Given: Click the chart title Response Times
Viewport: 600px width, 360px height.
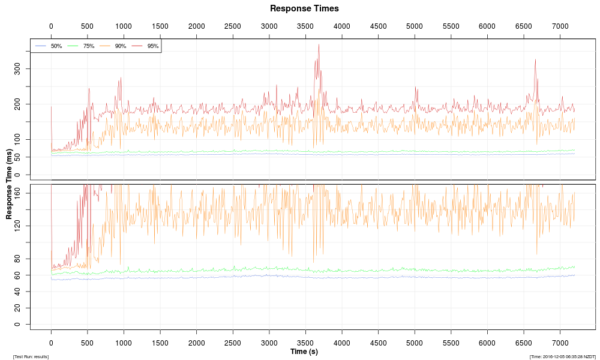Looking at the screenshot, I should [304, 8].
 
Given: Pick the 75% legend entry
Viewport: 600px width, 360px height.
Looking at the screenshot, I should [88, 46].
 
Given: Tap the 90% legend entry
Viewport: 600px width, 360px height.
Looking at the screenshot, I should [120, 46].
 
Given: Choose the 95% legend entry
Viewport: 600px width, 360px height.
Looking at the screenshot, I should [152, 46].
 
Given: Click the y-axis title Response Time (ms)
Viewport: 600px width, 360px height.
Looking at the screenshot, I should [9, 184].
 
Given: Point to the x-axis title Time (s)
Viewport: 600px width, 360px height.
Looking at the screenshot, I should [304, 352].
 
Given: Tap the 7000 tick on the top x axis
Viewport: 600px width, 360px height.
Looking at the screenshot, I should [560, 26].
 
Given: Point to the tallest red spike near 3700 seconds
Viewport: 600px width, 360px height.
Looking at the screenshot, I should [319, 45].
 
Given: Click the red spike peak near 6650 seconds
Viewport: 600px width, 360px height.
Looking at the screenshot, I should [535, 60].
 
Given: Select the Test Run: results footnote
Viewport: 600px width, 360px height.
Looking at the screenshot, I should [31, 356].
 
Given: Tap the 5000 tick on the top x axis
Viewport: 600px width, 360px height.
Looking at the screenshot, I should [415, 26].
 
